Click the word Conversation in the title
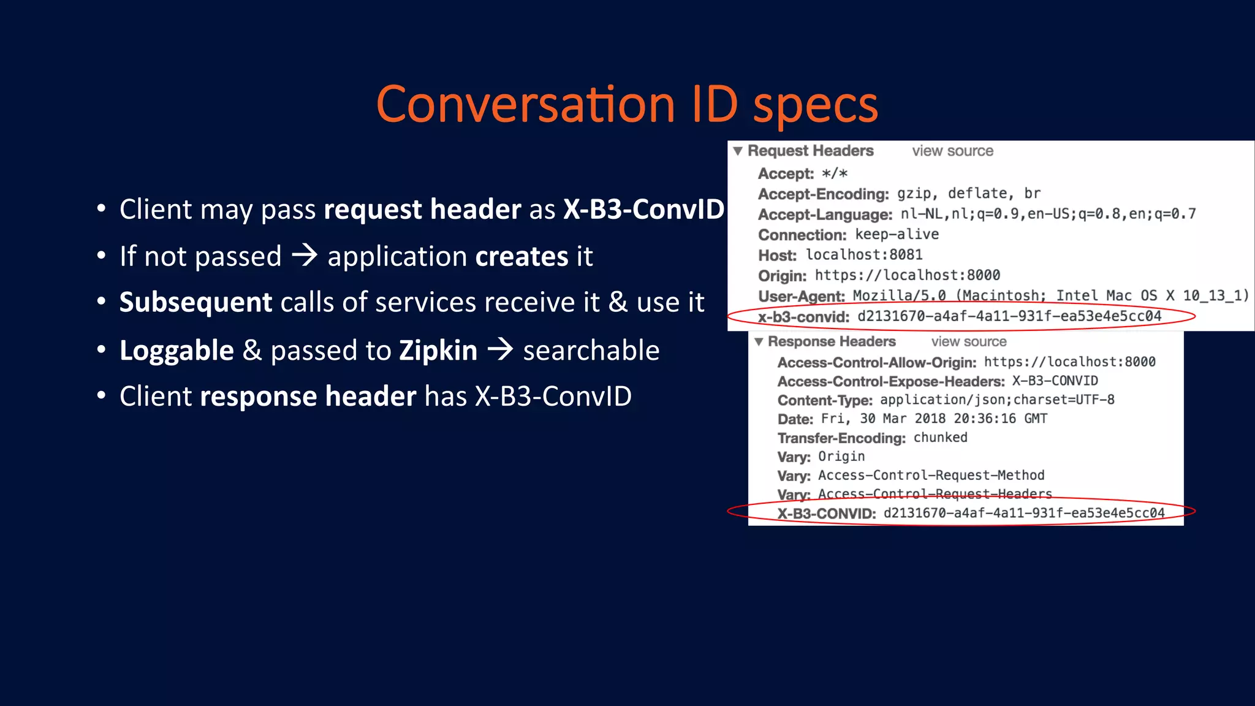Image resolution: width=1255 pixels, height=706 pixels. point(526,104)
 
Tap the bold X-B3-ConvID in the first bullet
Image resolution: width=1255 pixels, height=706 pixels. point(643,210)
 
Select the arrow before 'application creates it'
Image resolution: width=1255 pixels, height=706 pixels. point(305,255)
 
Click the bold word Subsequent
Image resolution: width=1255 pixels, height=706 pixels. point(195,302)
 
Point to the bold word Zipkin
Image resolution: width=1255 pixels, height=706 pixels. point(438,351)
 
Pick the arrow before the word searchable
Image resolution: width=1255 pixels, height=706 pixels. point(500,349)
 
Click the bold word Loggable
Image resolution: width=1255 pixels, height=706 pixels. point(176,351)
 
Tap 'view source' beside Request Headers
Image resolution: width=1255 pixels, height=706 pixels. point(952,151)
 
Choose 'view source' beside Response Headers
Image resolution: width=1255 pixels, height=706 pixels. point(969,341)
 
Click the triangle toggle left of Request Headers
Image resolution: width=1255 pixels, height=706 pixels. point(738,151)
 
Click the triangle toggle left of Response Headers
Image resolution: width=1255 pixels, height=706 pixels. point(759,341)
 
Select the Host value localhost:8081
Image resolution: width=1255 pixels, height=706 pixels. point(864,255)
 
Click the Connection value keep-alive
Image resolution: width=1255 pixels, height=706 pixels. point(897,234)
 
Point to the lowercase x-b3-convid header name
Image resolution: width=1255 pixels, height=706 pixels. point(803,317)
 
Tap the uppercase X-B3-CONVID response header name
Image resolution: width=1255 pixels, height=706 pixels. point(827,514)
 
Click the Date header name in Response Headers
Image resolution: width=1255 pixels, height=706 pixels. point(795,419)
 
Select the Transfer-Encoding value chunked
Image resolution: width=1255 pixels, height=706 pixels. point(940,438)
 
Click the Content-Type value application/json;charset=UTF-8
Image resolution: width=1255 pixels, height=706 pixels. point(997,400)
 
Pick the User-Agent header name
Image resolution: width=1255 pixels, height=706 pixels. point(801,296)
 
